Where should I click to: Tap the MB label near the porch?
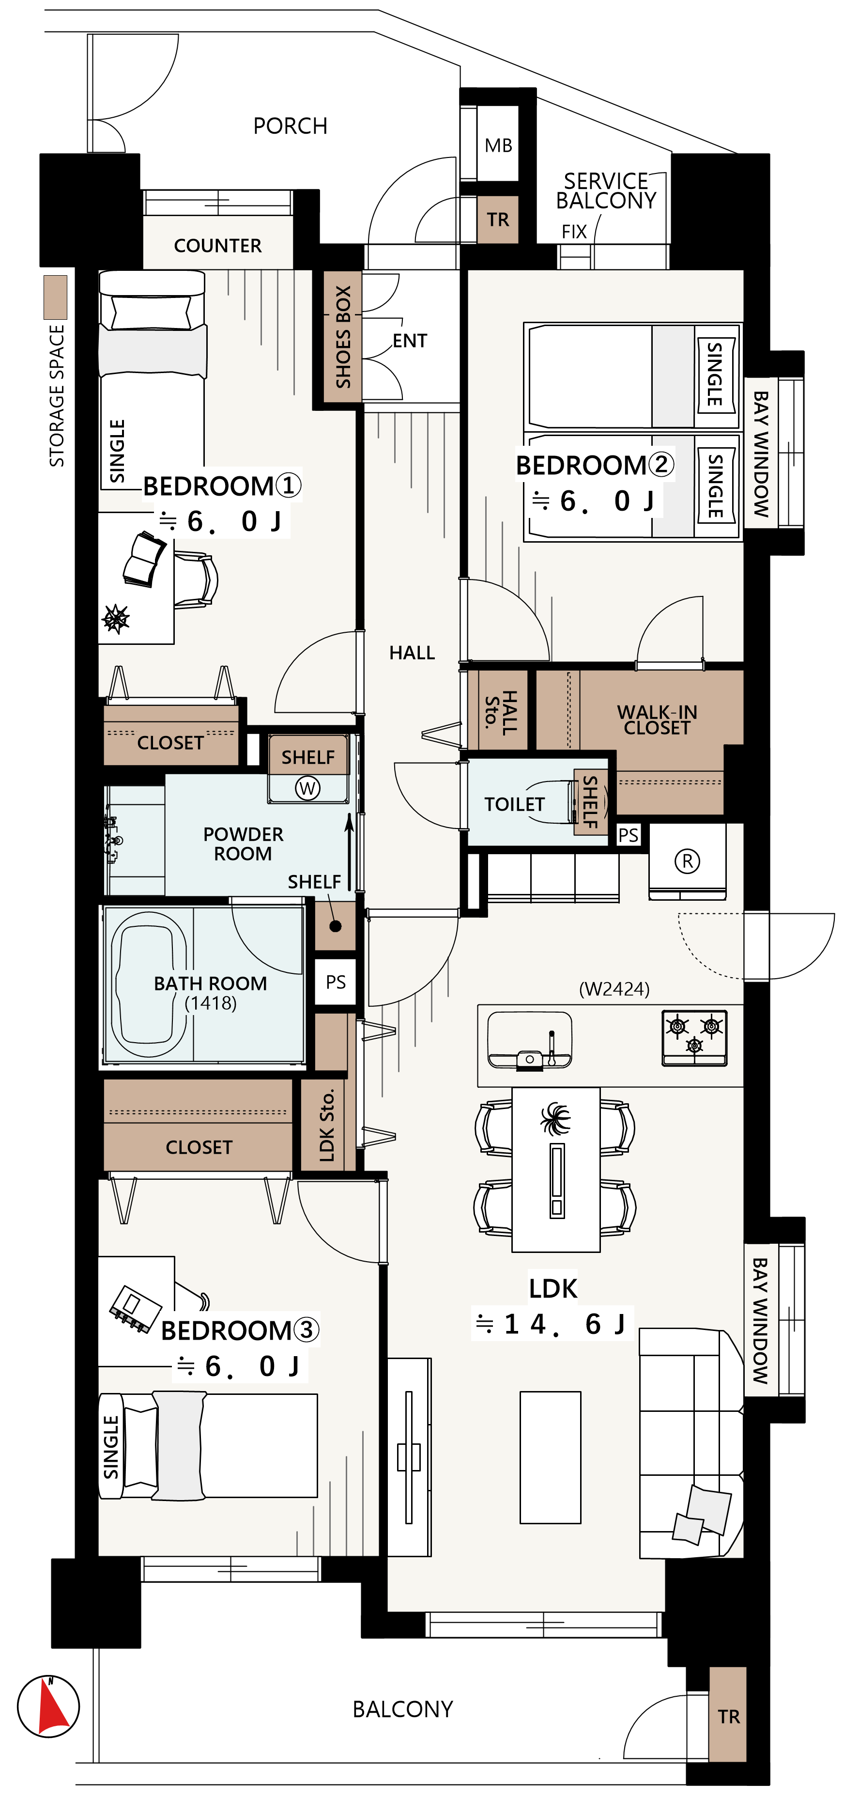pos(498,145)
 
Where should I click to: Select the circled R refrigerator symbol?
pos(687,861)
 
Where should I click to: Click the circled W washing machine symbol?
pos(307,788)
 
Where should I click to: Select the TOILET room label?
pos(515,804)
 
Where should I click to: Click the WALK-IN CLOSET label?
pos(657,720)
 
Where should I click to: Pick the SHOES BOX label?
pos(343,337)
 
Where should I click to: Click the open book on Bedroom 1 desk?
pos(144,559)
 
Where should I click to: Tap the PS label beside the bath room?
pos(336,982)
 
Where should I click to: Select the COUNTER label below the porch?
pos(218,246)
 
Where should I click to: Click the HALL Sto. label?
pos(501,712)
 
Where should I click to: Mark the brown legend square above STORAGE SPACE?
pos(56,297)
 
